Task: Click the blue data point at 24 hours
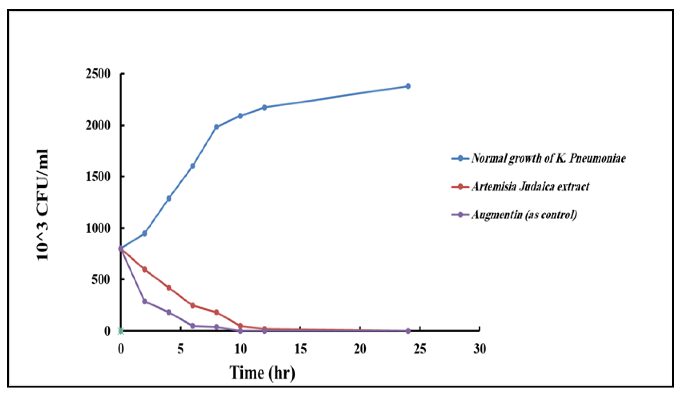pyautogui.click(x=408, y=86)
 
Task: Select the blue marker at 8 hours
pyautogui.click(x=216, y=127)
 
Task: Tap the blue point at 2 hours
pyautogui.click(x=144, y=233)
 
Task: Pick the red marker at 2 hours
pyautogui.click(x=144, y=270)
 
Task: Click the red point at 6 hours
pyautogui.click(x=192, y=305)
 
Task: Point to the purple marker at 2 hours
pyautogui.click(x=144, y=301)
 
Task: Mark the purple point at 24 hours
pyautogui.click(x=408, y=331)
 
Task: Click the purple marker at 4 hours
pyautogui.click(x=169, y=312)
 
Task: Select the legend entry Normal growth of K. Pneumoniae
pyautogui.click(x=548, y=158)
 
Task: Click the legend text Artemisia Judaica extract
pyautogui.click(x=531, y=187)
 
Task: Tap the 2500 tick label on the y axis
pyautogui.click(x=98, y=74)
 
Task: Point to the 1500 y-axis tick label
pyautogui.click(x=98, y=177)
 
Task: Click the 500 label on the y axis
pyautogui.click(x=101, y=280)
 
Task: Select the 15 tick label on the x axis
pyautogui.click(x=300, y=349)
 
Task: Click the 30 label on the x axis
pyautogui.click(x=479, y=349)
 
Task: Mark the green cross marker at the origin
pyautogui.click(x=121, y=331)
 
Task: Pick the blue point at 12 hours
pyautogui.click(x=264, y=107)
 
